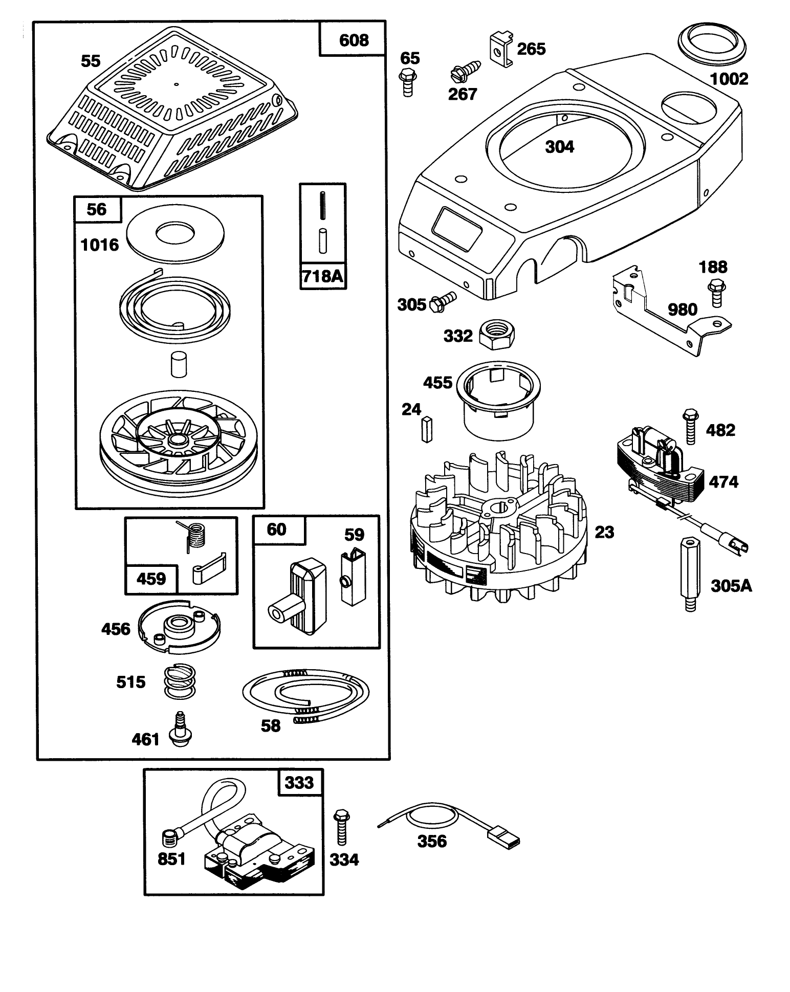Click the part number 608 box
[x=353, y=39]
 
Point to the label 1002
[x=729, y=79]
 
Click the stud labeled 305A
[x=691, y=574]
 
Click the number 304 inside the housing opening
[x=560, y=147]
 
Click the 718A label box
[x=322, y=277]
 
